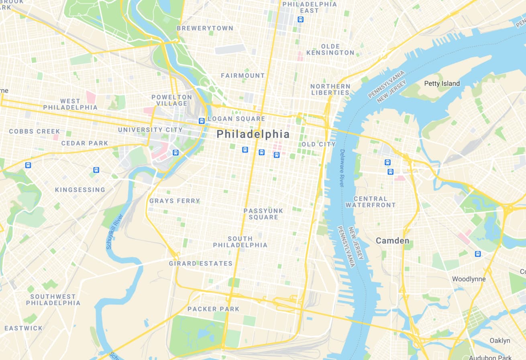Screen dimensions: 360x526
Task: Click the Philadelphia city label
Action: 253,134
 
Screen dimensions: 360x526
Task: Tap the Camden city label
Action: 392,241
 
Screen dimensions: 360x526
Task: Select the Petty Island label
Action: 442,84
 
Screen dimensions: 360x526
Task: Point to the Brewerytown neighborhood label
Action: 205,28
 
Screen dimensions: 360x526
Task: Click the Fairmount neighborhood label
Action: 243,76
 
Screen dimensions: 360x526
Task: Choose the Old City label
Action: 318,144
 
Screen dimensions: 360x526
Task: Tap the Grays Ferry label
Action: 175,201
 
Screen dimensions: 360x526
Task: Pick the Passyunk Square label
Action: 263,214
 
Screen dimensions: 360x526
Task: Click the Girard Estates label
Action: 200,264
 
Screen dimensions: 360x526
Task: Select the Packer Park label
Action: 213,309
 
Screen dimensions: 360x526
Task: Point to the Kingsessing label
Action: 80,190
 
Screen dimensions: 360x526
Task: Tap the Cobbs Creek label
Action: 35,131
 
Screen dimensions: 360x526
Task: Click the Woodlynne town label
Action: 469,279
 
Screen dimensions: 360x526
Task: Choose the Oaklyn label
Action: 499,341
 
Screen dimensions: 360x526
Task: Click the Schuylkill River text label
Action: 114,231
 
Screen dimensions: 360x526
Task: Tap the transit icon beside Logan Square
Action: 202,121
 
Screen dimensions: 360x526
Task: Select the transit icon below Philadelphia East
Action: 300,19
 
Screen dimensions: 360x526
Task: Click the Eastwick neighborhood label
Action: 23,328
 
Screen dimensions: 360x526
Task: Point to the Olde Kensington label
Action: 330,49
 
